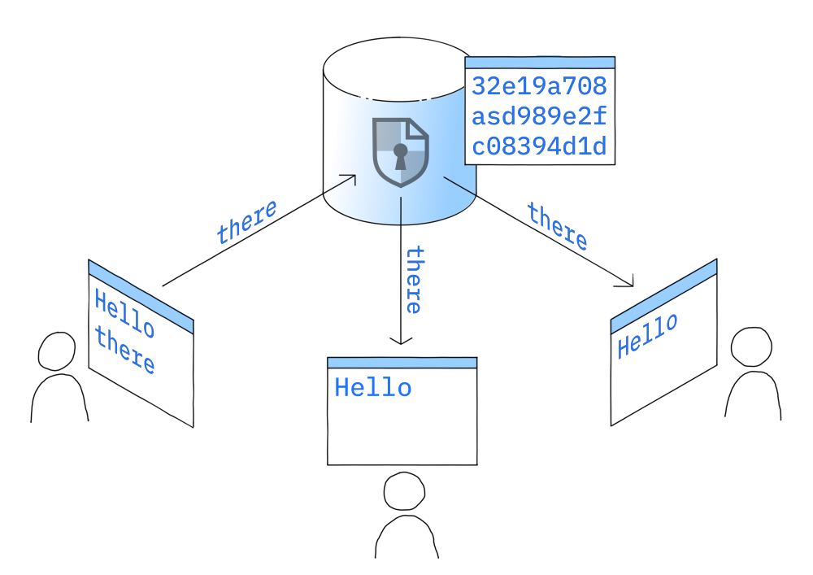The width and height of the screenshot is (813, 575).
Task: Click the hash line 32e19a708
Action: coord(539,86)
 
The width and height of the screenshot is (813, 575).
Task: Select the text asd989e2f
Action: coord(539,116)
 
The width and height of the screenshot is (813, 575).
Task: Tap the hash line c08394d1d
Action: coord(539,147)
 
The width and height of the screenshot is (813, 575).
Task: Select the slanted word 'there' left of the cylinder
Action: coord(246,222)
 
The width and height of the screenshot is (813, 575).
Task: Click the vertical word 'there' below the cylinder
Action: coord(414,280)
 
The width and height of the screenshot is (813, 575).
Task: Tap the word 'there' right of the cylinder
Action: coord(557,226)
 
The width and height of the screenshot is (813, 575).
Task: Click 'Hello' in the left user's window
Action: coord(124,313)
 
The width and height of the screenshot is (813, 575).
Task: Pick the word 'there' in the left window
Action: coord(124,351)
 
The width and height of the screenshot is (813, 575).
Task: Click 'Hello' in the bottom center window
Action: coord(373,388)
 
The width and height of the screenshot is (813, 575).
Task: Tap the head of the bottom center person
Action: coord(403,493)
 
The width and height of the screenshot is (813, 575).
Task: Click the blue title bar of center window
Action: coord(402,363)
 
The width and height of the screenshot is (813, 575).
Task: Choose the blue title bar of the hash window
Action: coord(539,62)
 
